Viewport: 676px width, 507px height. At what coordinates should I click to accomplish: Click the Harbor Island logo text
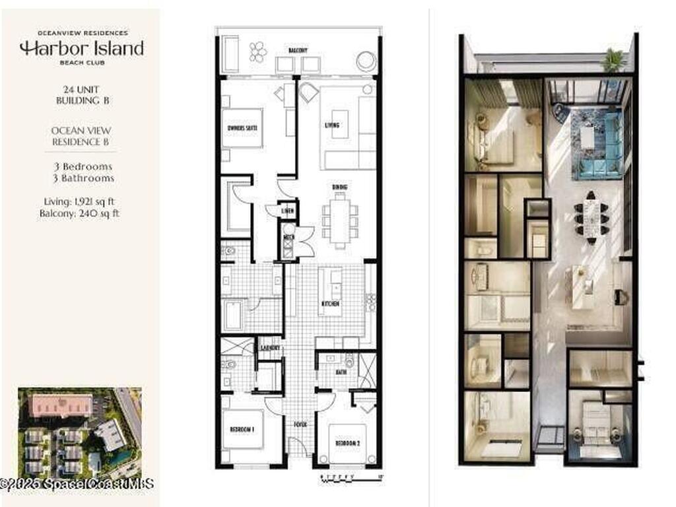(81, 48)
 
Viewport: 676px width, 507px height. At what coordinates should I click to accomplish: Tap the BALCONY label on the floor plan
(298, 50)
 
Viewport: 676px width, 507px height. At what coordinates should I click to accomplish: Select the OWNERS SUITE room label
(242, 127)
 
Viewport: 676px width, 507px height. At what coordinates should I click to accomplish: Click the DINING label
(340, 187)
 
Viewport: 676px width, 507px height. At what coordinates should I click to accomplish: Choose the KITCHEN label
(330, 303)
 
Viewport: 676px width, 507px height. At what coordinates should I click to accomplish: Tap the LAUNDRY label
(270, 348)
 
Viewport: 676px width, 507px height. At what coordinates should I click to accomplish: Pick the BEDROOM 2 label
(347, 442)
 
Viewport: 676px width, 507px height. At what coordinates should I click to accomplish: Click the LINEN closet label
(288, 211)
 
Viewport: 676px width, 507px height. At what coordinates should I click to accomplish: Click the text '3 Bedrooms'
(83, 166)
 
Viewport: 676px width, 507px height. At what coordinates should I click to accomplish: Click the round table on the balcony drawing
(365, 61)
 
